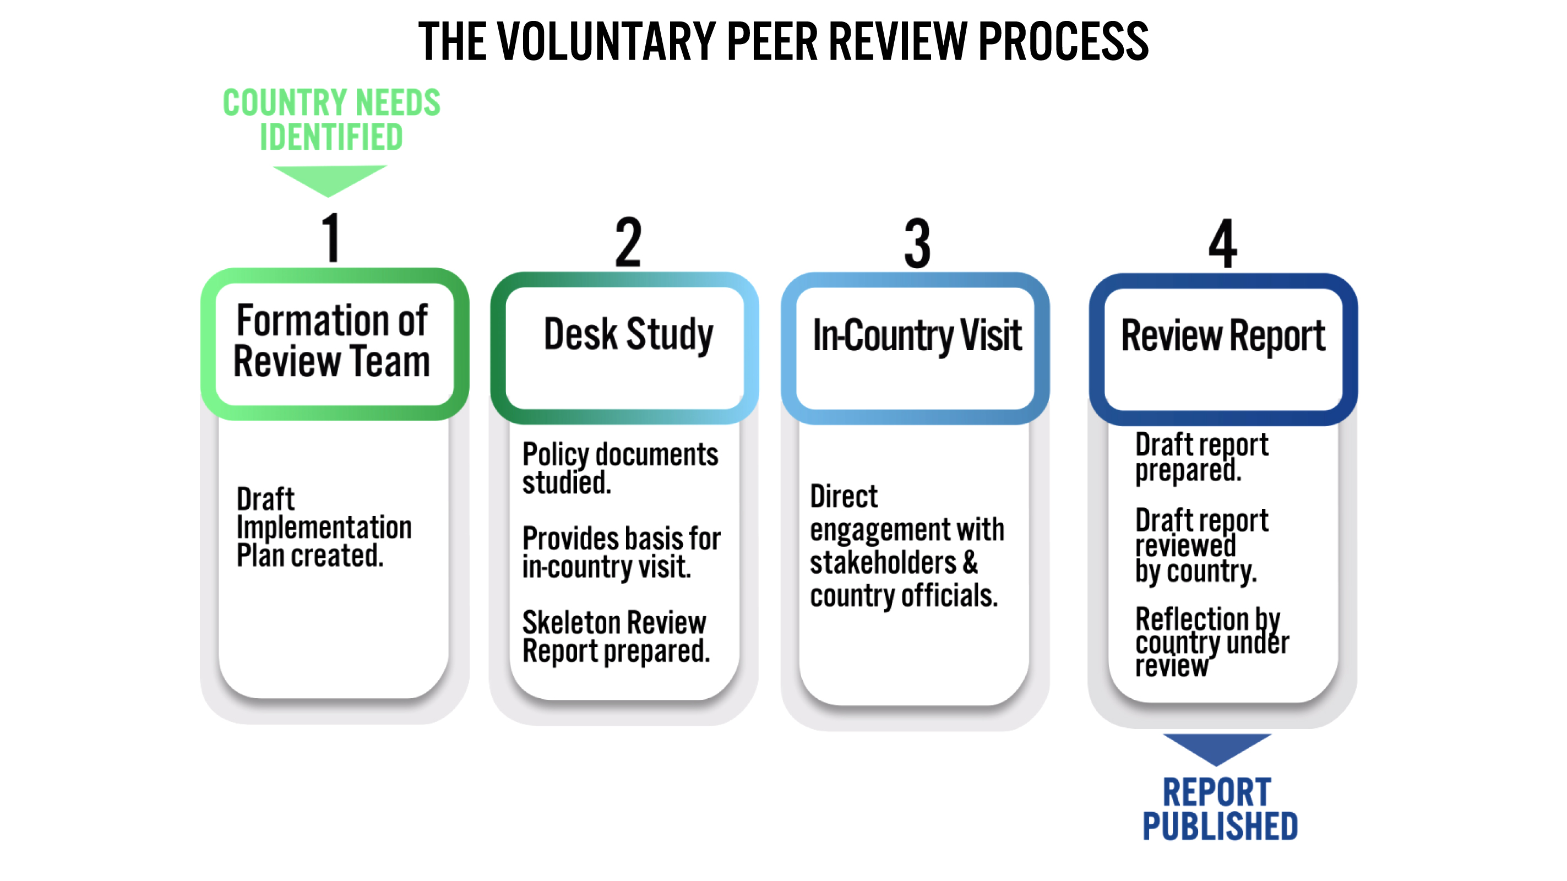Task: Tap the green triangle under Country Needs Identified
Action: [x=329, y=178]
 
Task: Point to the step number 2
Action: [x=628, y=242]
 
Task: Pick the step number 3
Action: [x=917, y=243]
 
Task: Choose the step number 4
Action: [x=1222, y=243]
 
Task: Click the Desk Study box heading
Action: [x=628, y=335]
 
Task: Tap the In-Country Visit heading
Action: [x=917, y=336]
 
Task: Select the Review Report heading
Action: [x=1223, y=336]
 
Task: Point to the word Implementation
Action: [x=324, y=527]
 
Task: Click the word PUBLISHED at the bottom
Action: [x=1220, y=826]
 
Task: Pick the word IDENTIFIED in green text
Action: [x=331, y=137]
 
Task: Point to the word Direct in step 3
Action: [x=844, y=497]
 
